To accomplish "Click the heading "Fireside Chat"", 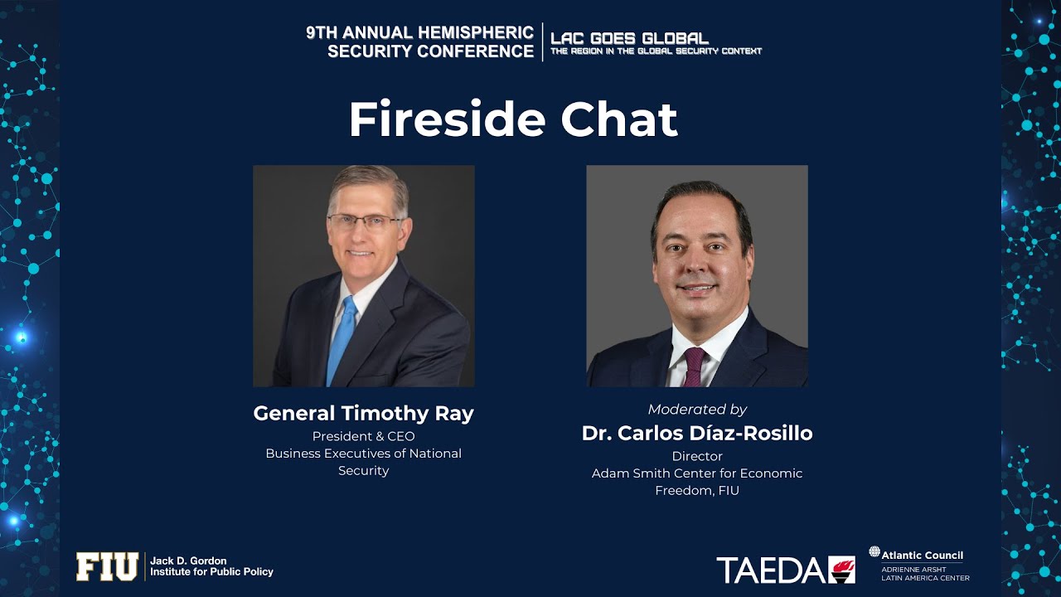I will pyautogui.click(x=513, y=120).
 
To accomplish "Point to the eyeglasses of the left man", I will pyautogui.click(x=365, y=221).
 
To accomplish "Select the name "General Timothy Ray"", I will pyautogui.click(x=363, y=414).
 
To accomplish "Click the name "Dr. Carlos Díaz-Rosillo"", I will pyautogui.click(x=697, y=434).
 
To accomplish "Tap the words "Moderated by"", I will pyautogui.click(x=697, y=410).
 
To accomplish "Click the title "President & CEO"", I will pyautogui.click(x=363, y=436).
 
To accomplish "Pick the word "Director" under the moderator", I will pyautogui.click(x=697, y=456).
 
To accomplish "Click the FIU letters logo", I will pyautogui.click(x=107, y=567).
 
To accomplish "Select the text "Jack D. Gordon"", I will pyautogui.click(x=188, y=561).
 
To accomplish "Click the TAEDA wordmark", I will pyautogui.click(x=772, y=570).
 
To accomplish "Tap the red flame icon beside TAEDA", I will pyautogui.click(x=841, y=570).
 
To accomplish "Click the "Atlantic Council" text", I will pyautogui.click(x=923, y=556).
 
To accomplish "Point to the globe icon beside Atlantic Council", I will pyautogui.click(x=874, y=552).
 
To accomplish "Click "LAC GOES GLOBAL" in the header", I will pyautogui.click(x=629, y=38).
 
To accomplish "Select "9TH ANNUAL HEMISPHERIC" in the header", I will pyautogui.click(x=419, y=33).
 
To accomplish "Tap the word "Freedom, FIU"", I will pyautogui.click(x=697, y=491).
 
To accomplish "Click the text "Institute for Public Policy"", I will pyautogui.click(x=211, y=572).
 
